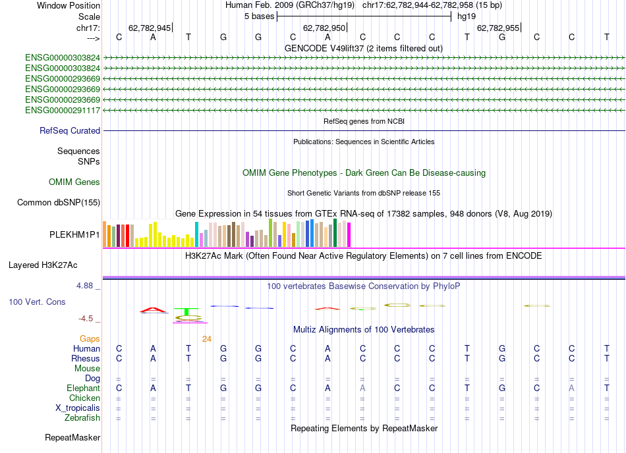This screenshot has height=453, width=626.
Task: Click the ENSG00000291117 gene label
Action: [x=63, y=110]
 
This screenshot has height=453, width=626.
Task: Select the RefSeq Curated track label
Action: [x=70, y=131]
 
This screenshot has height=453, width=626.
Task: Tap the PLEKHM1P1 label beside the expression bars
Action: [x=75, y=234]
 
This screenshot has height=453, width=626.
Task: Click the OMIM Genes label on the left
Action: [x=74, y=182]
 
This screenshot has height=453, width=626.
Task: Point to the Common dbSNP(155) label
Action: [x=58, y=203]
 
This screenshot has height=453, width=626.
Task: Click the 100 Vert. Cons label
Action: [x=37, y=302]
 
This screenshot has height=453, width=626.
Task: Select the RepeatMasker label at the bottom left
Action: [x=72, y=437]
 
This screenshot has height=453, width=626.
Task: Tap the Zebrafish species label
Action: [x=82, y=417]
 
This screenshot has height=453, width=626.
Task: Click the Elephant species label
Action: [x=83, y=388]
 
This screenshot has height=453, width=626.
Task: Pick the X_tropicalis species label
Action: [x=78, y=408]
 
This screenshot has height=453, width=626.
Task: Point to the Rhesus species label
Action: [x=86, y=358]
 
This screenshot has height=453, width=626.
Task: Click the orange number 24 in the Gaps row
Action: [x=207, y=339]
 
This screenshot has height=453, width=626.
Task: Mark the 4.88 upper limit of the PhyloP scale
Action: [x=86, y=286]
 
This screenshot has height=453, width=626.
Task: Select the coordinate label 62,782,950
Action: [x=324, y=28]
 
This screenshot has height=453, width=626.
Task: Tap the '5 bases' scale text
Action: [x=256, y=16]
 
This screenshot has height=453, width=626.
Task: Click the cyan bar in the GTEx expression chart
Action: [x=196, y=234]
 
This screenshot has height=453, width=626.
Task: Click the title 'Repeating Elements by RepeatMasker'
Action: [x=364, y=428]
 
